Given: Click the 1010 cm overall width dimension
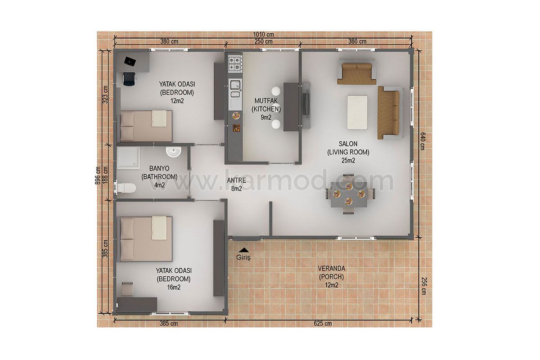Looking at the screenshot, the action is coord(263,35).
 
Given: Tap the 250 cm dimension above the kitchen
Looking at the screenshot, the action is coord(264,41).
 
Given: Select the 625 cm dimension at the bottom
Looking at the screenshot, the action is coord(323,324).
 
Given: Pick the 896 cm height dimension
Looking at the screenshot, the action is coord(98,175).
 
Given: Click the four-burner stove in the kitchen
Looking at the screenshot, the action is coord(235,63).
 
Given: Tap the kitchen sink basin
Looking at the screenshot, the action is coord(235,85).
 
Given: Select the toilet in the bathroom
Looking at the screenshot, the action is coord(126,188).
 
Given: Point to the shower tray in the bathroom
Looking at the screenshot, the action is coord(129,158).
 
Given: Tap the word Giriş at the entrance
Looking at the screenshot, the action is coord(243,257).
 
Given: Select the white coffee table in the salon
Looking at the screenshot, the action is coord(357,112).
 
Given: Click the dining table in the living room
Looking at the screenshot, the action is coord(349,194).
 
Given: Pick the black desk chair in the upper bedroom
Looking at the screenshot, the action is coord(129,79).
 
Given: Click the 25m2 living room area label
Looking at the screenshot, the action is coord(348,160).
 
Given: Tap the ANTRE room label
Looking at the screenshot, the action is coord(237,180).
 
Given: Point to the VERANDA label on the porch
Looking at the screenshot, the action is coord(331,269).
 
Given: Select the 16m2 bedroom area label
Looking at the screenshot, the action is coord(174,288).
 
